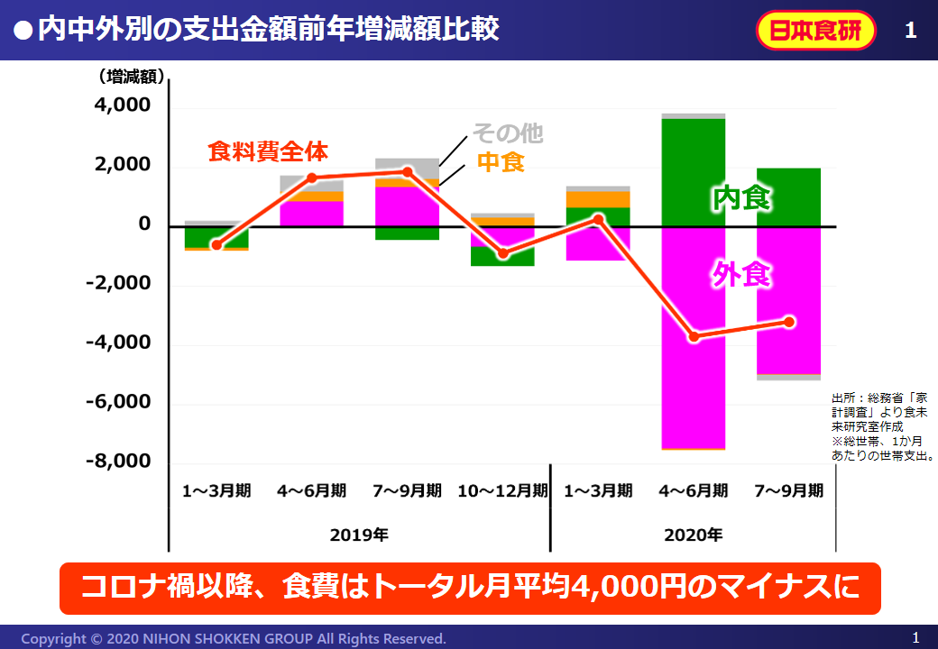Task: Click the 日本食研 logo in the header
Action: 816,31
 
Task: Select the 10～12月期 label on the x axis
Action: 502,491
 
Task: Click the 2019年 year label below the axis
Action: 359,535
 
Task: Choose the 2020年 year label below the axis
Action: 694,535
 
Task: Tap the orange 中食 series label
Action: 501,162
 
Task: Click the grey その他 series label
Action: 508,133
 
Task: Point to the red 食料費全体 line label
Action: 268,151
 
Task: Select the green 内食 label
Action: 740,198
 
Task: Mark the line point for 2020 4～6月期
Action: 694,337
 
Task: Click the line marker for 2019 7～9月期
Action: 408,172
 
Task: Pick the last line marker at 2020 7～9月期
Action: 789,322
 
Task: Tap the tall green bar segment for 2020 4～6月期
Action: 694,171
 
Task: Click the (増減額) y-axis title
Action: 132,77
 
